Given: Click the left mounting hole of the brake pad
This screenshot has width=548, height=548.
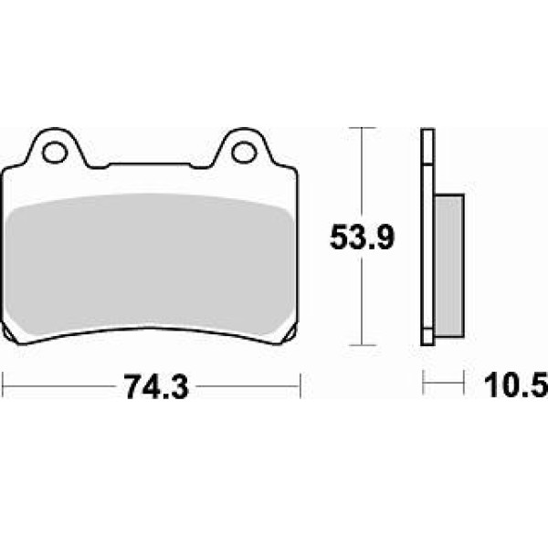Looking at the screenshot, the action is click(55, 153).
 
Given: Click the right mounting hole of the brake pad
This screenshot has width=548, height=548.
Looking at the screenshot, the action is click(244, 153).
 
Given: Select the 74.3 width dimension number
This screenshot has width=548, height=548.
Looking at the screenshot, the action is click(156, 386).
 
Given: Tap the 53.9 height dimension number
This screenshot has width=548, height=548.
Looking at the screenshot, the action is click(362, 237).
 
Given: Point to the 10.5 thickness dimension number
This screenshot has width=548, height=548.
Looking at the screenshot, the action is click(516, 385).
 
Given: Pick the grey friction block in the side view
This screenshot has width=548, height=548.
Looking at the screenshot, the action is click(449, 267).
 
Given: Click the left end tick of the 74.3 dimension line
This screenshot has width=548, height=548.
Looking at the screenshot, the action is click(3, 385).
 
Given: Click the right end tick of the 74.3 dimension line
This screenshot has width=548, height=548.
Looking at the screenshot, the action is click(300, 385).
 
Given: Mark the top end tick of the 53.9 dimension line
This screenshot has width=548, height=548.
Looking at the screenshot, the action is click(363, 128).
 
